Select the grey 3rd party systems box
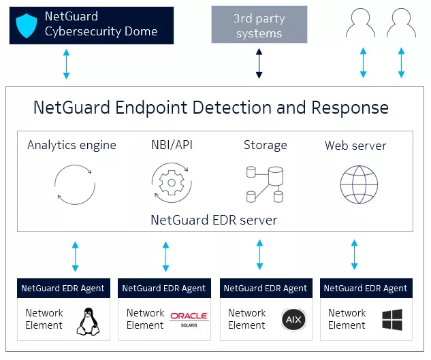click(x=259, y=25)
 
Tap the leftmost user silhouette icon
click(x=361, y=24)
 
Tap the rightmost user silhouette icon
click(x=401, y=24)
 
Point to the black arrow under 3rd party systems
click(x=259, y=64)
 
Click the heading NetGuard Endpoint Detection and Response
click(x=211, y=108)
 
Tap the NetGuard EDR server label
click(x=214, y=220)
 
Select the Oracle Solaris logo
click(x=189, y=318)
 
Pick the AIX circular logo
click(x=292, y=319)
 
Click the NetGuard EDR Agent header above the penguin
click(x=63, y=288)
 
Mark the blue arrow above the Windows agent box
click(x=354, y=255)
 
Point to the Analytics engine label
click(x=71, y=145)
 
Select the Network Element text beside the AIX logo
click(x=246, y=319)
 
